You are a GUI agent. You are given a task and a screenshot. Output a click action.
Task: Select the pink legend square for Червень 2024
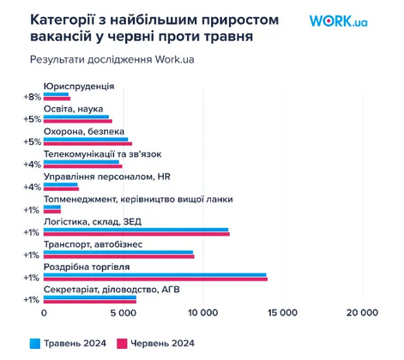tap(122, 343)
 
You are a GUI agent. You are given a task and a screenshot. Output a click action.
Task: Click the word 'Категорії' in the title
tap(62, 18)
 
